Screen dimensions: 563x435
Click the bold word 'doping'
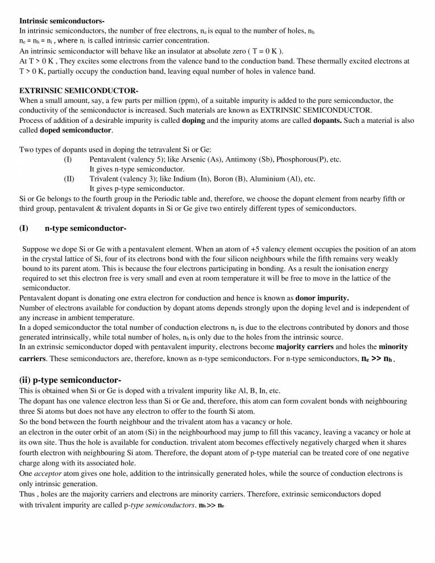pyautogui.click(x=193, y=121)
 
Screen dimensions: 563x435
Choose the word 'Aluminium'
pyautogui.click(x=270, y=179)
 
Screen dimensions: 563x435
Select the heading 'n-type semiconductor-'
pyautogui.click(x=85, y=229)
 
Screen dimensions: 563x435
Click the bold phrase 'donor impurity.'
pyautogui.click(x=322, y=298)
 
